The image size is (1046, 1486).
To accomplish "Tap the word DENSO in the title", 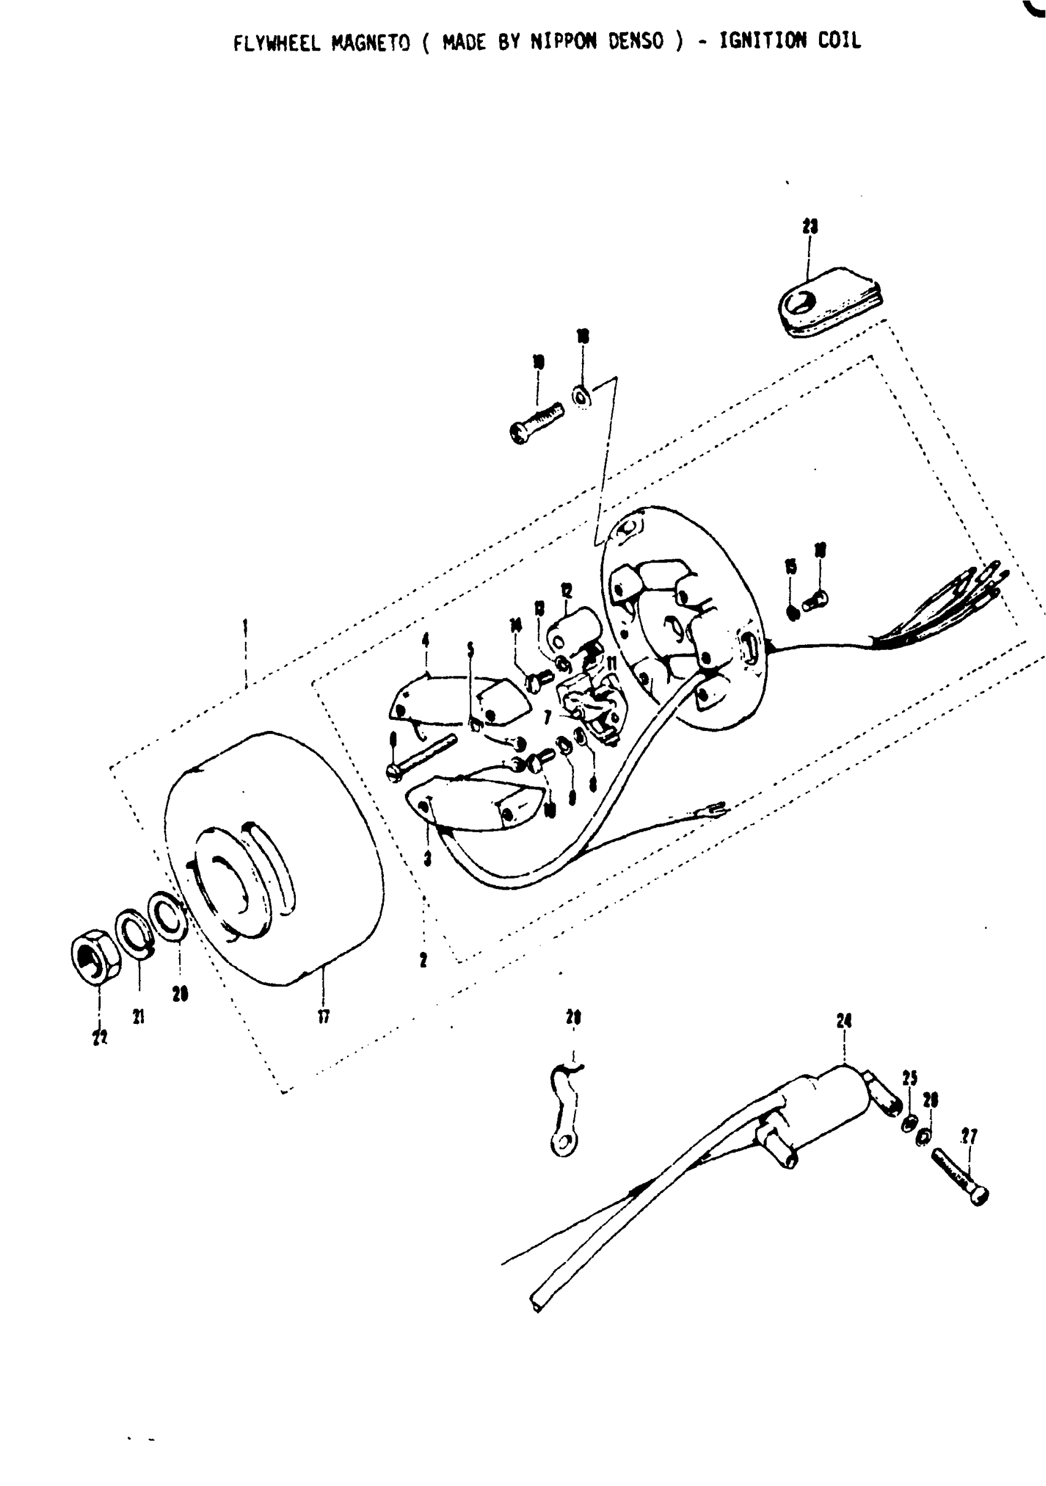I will (636, 42).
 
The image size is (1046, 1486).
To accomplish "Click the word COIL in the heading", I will (839, 41).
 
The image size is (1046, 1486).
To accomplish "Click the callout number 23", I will (810, 226).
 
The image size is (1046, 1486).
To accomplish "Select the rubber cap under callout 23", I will (829, 300).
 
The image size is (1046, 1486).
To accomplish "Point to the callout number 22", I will (99, 1037).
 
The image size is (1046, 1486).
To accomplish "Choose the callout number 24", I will (844, 1021).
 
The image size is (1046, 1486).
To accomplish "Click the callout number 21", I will (138, 1017).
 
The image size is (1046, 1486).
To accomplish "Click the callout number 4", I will (425, 640).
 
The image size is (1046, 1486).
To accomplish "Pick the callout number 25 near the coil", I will (910, 1078).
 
